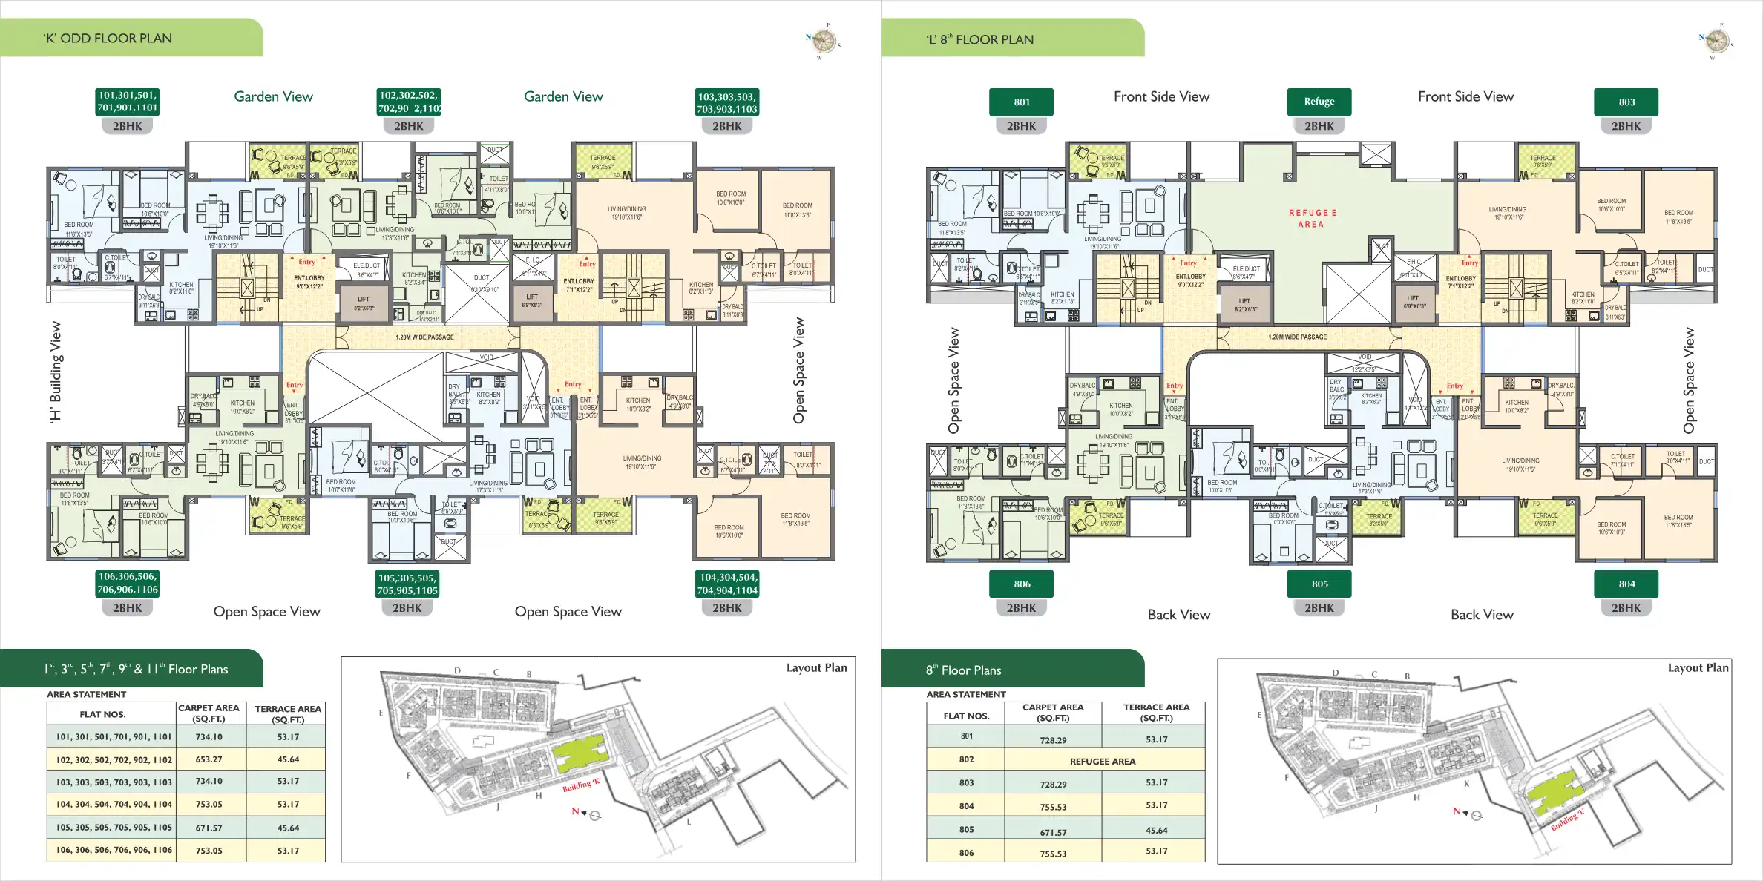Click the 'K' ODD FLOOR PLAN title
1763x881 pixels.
pyautogui.click(x=108, y=39)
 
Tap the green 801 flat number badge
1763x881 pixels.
pyautogui.click(x=1022, y=102)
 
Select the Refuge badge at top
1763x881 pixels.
pyautogui.click(x=1319, y=102)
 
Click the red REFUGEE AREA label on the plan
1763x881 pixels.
pyautogui.click(x=1312, y=218)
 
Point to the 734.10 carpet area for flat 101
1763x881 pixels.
pyautogui.click(x=209, y=737)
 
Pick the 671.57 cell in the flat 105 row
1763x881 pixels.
pyautogui.click(x=209, y=828)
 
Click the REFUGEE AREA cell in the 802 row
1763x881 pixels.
pyautogui.click(x=1102, y=762)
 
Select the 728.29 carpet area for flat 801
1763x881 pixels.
pyautogui.click(x=1053, y=740)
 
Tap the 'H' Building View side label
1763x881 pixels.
pyautogui.click(x=56, y=372)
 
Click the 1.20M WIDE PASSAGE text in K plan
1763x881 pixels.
pyautogui.click(x=424, y=337)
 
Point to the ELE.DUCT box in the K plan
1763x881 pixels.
pyautogui.click(x=366, y=269)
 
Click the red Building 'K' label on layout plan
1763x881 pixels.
pyautogui.click(x=581, y=785)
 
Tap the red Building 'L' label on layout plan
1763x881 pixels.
pyautogui.click(x=1567, y=819)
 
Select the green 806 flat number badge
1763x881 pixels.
pyautogui.click(x=1022, y=584)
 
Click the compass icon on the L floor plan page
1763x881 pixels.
pyautogui.click(x=1716, y=41)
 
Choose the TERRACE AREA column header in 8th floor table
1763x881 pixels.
pyautogui.click(x=1155, y=713)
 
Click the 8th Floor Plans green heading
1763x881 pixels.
pyautogui.click(x=963, y=670)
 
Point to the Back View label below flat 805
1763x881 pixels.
pyautogui.click(x=1178, y=615)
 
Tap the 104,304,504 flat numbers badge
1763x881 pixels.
pyautogui.click(x=727, y=584)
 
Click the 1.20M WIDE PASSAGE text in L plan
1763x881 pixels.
pyautogui.click(x=1297, y=337)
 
